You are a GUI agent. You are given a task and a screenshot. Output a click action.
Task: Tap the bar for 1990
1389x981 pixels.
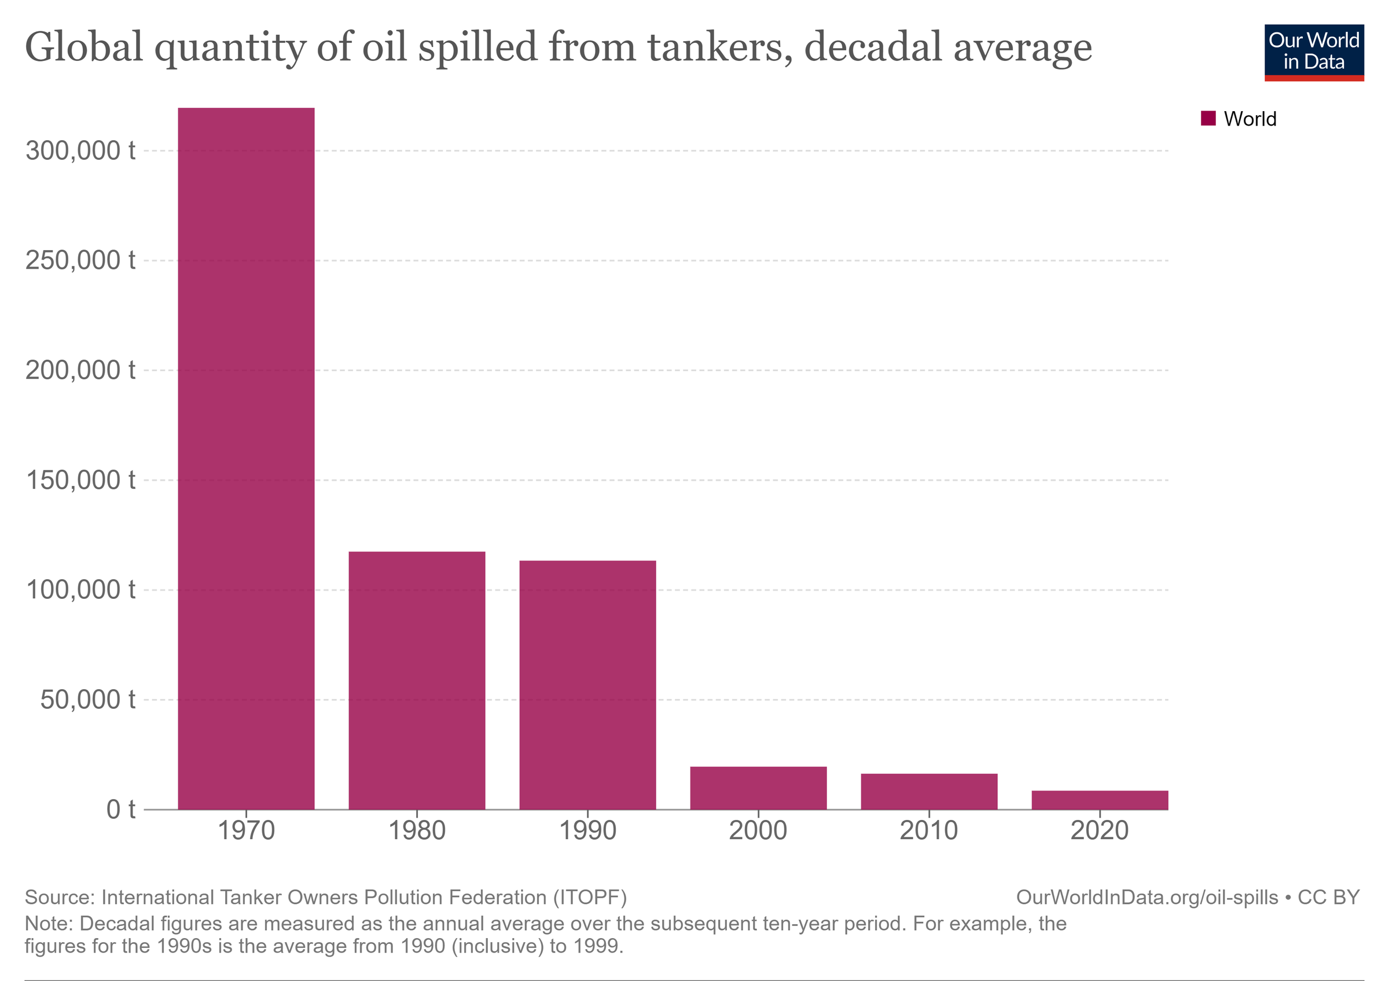click(x=587, y=684)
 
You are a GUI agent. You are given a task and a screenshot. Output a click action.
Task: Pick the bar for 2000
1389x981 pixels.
click(x=758, y=788)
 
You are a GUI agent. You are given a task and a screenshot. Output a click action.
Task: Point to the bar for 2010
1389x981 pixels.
click(x=929, y=791)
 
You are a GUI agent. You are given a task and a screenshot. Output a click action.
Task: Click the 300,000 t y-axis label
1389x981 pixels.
click(x=80, y=150)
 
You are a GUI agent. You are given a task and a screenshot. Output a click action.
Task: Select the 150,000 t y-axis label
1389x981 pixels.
click(x=80, y=480)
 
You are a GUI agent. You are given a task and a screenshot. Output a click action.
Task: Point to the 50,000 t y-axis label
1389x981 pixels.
click(x=88, y=700)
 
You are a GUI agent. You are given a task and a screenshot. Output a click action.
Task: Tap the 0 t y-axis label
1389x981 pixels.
click(x=121, y=809)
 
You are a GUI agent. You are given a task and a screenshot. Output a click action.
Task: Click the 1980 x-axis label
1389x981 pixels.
click(x=417, y=830)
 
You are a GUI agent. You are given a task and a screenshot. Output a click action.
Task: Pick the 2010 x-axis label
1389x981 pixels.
click(x=929, y=830)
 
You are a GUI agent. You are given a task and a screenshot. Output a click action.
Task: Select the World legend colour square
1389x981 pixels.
click(x=1208, y=118)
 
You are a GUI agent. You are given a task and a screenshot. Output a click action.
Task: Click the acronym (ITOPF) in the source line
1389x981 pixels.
click(x=589, y=897)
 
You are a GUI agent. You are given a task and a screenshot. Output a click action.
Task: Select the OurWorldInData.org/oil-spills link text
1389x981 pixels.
click(x=1147, y=897)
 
